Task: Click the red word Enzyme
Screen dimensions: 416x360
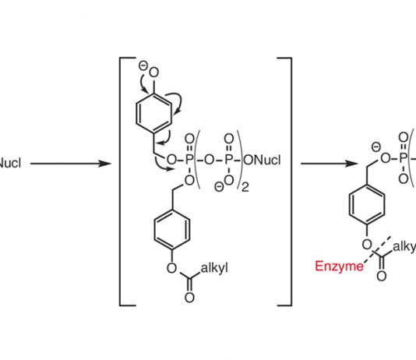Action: pyautogui.click(x=339, y=266)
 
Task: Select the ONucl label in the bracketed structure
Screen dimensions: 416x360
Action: pyautogui.click(x=262, y=160)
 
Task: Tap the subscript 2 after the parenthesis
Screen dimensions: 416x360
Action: pyautogui.click(x=245, y=187)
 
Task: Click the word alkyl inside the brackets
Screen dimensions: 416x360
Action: pyautogui.click(x=214, y=269)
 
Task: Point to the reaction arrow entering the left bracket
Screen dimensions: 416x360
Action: pyautogui.click(x=71, y=164)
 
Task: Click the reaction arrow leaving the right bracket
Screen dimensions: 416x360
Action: pyautogui.click(x=330, y=164)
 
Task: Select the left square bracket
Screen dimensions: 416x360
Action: pyautogui.click(x=127, y=182)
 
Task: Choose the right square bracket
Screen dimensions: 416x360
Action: pyautogui.click(x=284, y=182)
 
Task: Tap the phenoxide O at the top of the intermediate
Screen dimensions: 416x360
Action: pyautogui.click(x=154, y=72)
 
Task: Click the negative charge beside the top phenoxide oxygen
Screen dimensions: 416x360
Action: pyautogui.click(x=143, y=65)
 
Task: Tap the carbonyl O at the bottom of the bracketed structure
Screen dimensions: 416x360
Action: pyautogui.click(x=189, y=298)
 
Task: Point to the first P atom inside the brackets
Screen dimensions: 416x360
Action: pyautogui.click(x=189, y=160)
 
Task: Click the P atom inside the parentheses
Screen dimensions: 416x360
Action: pyautogui.click(x=229, y=160)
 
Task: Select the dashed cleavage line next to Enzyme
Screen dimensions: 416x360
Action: pyautogui.click(x=377, y=249)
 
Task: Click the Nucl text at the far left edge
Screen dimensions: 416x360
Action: pyautogui.click(x=10, y=163)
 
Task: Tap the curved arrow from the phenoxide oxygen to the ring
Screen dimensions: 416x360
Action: pyautogui.click(x=143, y=83)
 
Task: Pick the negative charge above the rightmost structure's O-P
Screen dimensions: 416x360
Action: pyautogui.click(x=376, y=147)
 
